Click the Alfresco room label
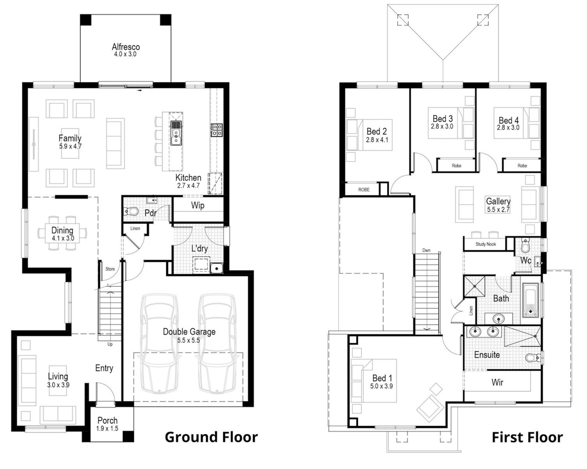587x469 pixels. click(126, 47)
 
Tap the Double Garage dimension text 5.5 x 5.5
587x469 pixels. click(189, 340)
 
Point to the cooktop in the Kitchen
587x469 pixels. click(217, 130)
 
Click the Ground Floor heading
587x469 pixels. click(212, 437)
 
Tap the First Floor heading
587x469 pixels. click(527, 437)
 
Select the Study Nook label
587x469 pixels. click(486, 244)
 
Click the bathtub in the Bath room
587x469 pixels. click(530, 300)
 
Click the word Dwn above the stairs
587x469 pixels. click(426, 250)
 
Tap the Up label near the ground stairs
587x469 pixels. click(110, 344)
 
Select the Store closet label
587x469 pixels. click(110, 269)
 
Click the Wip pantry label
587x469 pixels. click(198, 206)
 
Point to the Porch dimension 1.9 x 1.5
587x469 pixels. click(107, 428)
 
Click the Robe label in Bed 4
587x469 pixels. click(522, 166)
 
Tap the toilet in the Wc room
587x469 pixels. click(525, 245)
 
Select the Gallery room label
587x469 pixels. click(498, 201)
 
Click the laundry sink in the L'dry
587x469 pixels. click(217, 268)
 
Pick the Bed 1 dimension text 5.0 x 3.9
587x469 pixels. click(381, 386)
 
